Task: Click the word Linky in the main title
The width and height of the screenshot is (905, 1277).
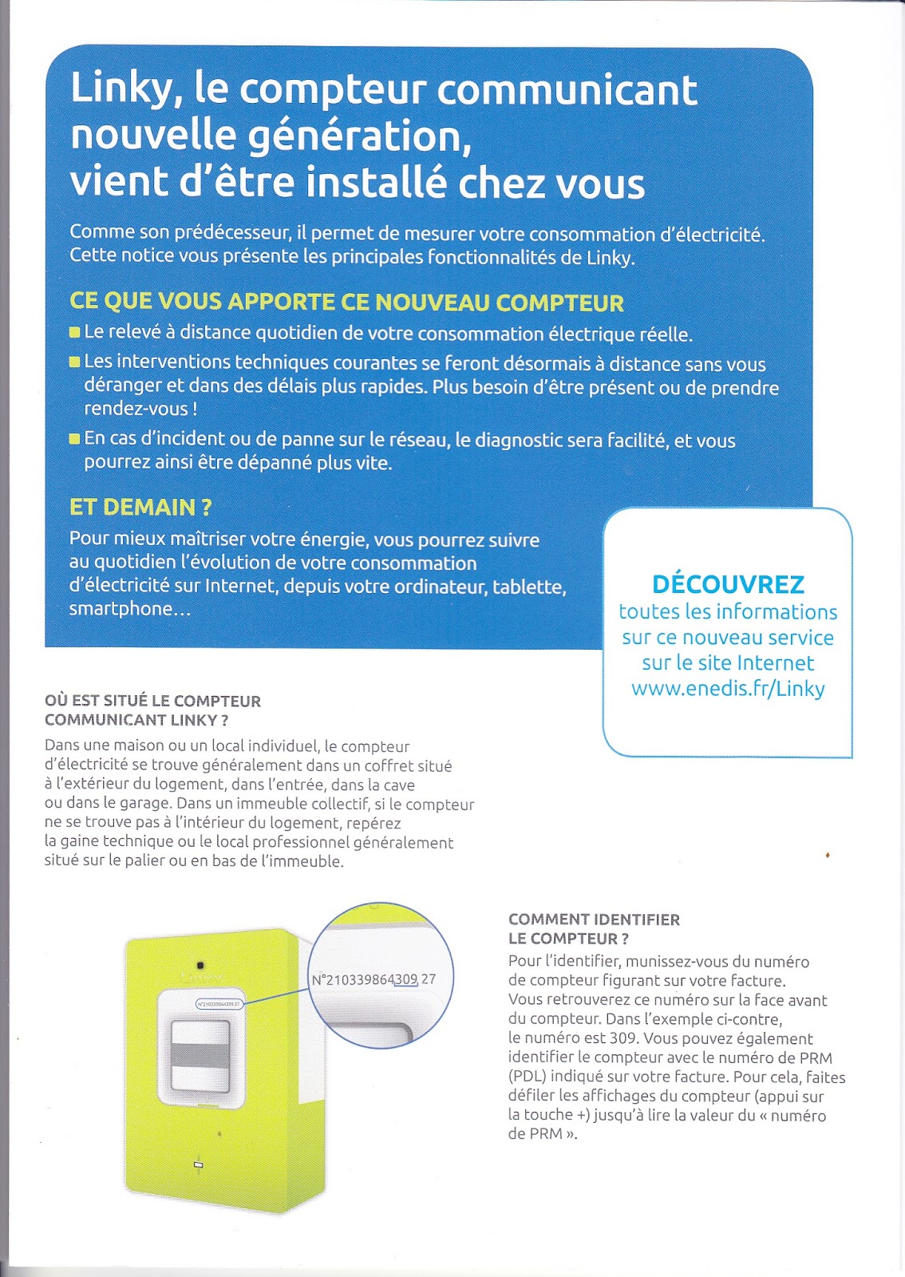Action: (121, 89)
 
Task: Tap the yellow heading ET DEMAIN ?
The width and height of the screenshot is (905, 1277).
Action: (140, 508)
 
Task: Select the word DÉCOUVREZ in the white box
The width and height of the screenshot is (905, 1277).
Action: (728, 584)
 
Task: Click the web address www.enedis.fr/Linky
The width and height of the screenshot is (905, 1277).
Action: (728, 689)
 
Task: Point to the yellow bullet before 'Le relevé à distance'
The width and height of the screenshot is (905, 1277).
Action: (75, 332)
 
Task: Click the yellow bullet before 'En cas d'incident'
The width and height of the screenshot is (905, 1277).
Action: (75, 438)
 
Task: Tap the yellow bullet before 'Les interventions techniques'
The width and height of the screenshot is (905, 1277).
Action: (75, 362)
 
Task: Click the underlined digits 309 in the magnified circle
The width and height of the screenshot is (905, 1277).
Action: (406, 979)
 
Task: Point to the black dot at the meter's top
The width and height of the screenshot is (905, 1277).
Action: (200, 966)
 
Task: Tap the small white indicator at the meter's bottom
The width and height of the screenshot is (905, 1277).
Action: (199, 1165)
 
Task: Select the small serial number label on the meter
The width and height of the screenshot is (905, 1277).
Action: (219, 1004)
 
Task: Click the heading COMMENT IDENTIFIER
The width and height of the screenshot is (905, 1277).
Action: (594, 919)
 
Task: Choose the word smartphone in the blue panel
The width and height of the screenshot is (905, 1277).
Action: (120, 609)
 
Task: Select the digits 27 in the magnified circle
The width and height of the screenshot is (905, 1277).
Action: (429, 979)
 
